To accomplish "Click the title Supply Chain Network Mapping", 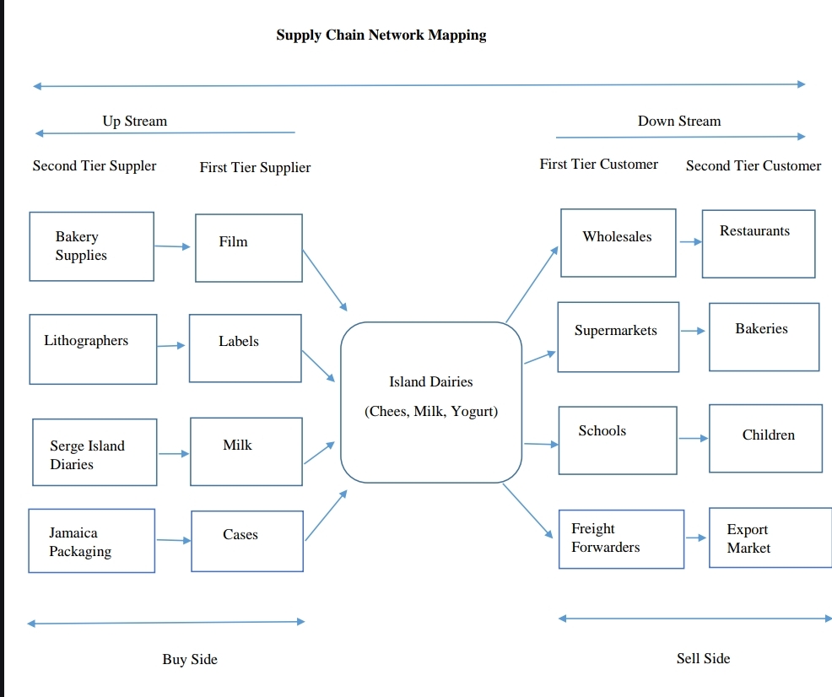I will pyautogui.click(x=381, y=35).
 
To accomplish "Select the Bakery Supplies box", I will pyautogui.click(x=91, y=246).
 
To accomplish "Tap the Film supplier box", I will pyautogui.click(x=248, y=247).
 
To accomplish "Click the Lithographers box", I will pyautogui.click(x=93, y=349).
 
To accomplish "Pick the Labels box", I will pyautogui.click(x=245, y=348).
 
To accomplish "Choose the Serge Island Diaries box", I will pyautogui.click(x=95, y=452).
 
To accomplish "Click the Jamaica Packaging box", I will pyautogui.click(x=91, y=541).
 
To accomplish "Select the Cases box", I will pyautogui.click(x=246, y=541).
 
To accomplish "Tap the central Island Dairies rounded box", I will pyautogui.click(x=430, y=402).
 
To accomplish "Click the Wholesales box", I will pyautogui.click(x=618, y=242).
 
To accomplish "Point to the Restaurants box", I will pyautogui.click(x=758, y=243).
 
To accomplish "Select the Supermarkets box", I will pyautogui.click(x=618, y=337).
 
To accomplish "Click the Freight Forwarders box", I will pyautogui.click(x=621, y=539).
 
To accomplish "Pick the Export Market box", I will pyautogui.click(x=770, y=538).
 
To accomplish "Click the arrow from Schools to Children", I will pyautogui.click(x=693, y=438).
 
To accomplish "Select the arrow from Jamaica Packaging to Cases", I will pyautogui.click(x=173, y=540).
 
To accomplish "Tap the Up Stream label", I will pyautogui.click(x=135, y=122).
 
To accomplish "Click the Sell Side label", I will pyautogui.click(x=703, y=658).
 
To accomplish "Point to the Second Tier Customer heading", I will pyautogui.click(x=753, y=166).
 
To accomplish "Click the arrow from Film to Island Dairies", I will pyautogui.click(x=324, y=279).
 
